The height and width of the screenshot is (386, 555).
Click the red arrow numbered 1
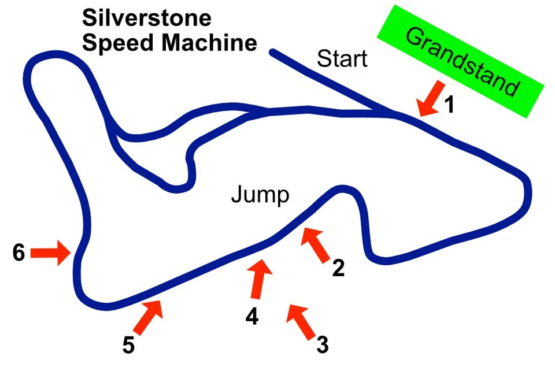(x=430, y=98)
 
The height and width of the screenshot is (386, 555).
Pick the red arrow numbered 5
(x=150, y=315)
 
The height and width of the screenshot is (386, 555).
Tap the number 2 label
(x=338, y=268)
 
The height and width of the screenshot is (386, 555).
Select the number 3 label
(x=323, y=345)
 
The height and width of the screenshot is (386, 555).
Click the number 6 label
(x=19, y=253)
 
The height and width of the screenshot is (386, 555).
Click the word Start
(x=342, y=58)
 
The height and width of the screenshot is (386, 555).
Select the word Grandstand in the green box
(x=461, y=61)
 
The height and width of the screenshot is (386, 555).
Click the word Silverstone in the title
(x=146, y=18)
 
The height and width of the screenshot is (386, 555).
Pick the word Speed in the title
(x=115, y=43)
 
